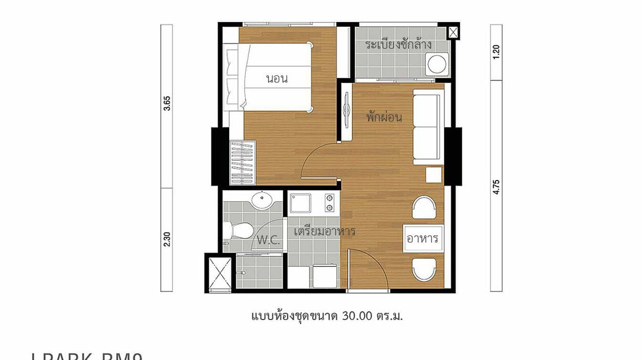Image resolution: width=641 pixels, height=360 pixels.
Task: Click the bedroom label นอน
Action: (277, 79)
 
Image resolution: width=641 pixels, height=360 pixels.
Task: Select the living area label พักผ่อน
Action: (384, 117)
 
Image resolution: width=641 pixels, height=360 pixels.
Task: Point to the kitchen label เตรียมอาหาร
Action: (324, 232)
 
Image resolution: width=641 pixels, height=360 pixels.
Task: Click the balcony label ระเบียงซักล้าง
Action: (398, 45)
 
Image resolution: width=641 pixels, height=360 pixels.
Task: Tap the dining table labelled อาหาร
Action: (422, 238)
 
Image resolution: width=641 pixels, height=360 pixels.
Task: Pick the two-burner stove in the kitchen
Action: (330, 202)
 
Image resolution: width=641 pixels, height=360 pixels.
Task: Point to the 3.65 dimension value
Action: (167, 103)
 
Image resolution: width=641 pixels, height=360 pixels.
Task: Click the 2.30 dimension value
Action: (167, 239)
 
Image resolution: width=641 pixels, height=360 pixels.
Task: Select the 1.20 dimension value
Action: (496, 52)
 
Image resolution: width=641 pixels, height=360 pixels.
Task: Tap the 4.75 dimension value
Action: (496, 187)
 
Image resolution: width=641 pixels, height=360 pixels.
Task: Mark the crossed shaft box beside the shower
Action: (220, 273)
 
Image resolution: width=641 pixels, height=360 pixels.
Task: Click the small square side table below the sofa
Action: (434, 175)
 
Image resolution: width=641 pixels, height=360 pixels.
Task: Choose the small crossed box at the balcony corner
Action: (453, 32)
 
